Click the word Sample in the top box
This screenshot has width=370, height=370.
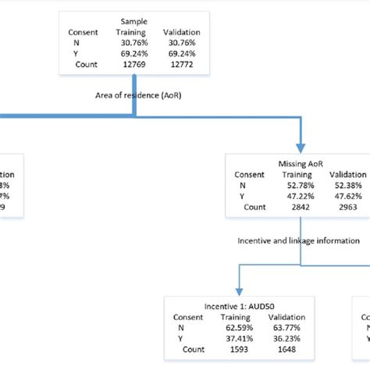click(133, 22)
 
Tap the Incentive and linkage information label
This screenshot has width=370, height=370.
click(299, 241)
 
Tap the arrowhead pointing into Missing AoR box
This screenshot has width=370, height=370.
click(301, 148)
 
